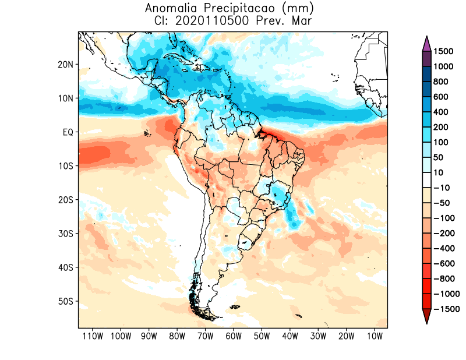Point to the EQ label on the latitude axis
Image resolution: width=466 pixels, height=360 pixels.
[x=68, y=132]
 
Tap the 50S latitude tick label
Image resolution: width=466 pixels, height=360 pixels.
[x=66, y=301]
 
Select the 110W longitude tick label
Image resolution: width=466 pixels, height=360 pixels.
[x=92, y=336]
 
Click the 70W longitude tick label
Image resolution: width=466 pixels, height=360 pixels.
[x=206, y=336]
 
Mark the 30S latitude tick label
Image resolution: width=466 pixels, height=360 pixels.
[x=66, y=234]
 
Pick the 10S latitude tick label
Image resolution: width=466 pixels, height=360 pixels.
[x=66, y=166]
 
